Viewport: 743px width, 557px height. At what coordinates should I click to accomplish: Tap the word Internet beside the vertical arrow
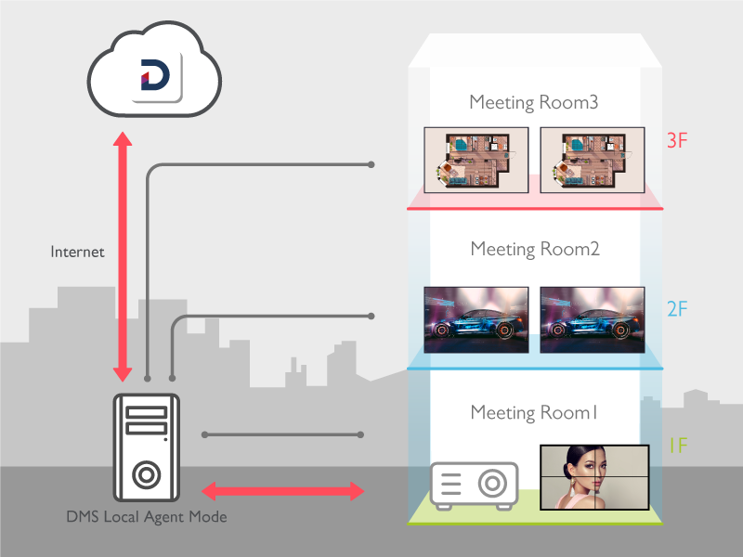[x=77, y=252]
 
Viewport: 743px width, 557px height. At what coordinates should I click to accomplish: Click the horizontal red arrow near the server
[x=283, y=490]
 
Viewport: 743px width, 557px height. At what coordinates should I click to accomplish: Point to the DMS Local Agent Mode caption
[x=147, y=516]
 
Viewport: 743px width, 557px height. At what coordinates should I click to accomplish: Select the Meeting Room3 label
[x=533, y=102]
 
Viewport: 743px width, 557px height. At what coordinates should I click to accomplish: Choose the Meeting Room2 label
[x=534, y=249]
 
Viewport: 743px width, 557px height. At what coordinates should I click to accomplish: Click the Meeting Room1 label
[x=534, y=412]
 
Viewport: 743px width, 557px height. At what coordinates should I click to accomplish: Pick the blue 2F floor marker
[x=677, y=307]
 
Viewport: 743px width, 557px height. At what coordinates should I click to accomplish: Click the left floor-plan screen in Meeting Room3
[x=476, y=160]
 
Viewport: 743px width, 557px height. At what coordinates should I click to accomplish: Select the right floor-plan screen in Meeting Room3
[x=593, y=160]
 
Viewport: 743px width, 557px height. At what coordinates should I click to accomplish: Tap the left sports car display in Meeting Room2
[x=476, y=318]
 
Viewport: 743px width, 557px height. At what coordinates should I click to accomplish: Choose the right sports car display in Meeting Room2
[x=593, y=318]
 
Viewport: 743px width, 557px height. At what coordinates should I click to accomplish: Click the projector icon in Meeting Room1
[x=474, y=485]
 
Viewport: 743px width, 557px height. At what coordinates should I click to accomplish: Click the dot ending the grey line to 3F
[x=371, y=164]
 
